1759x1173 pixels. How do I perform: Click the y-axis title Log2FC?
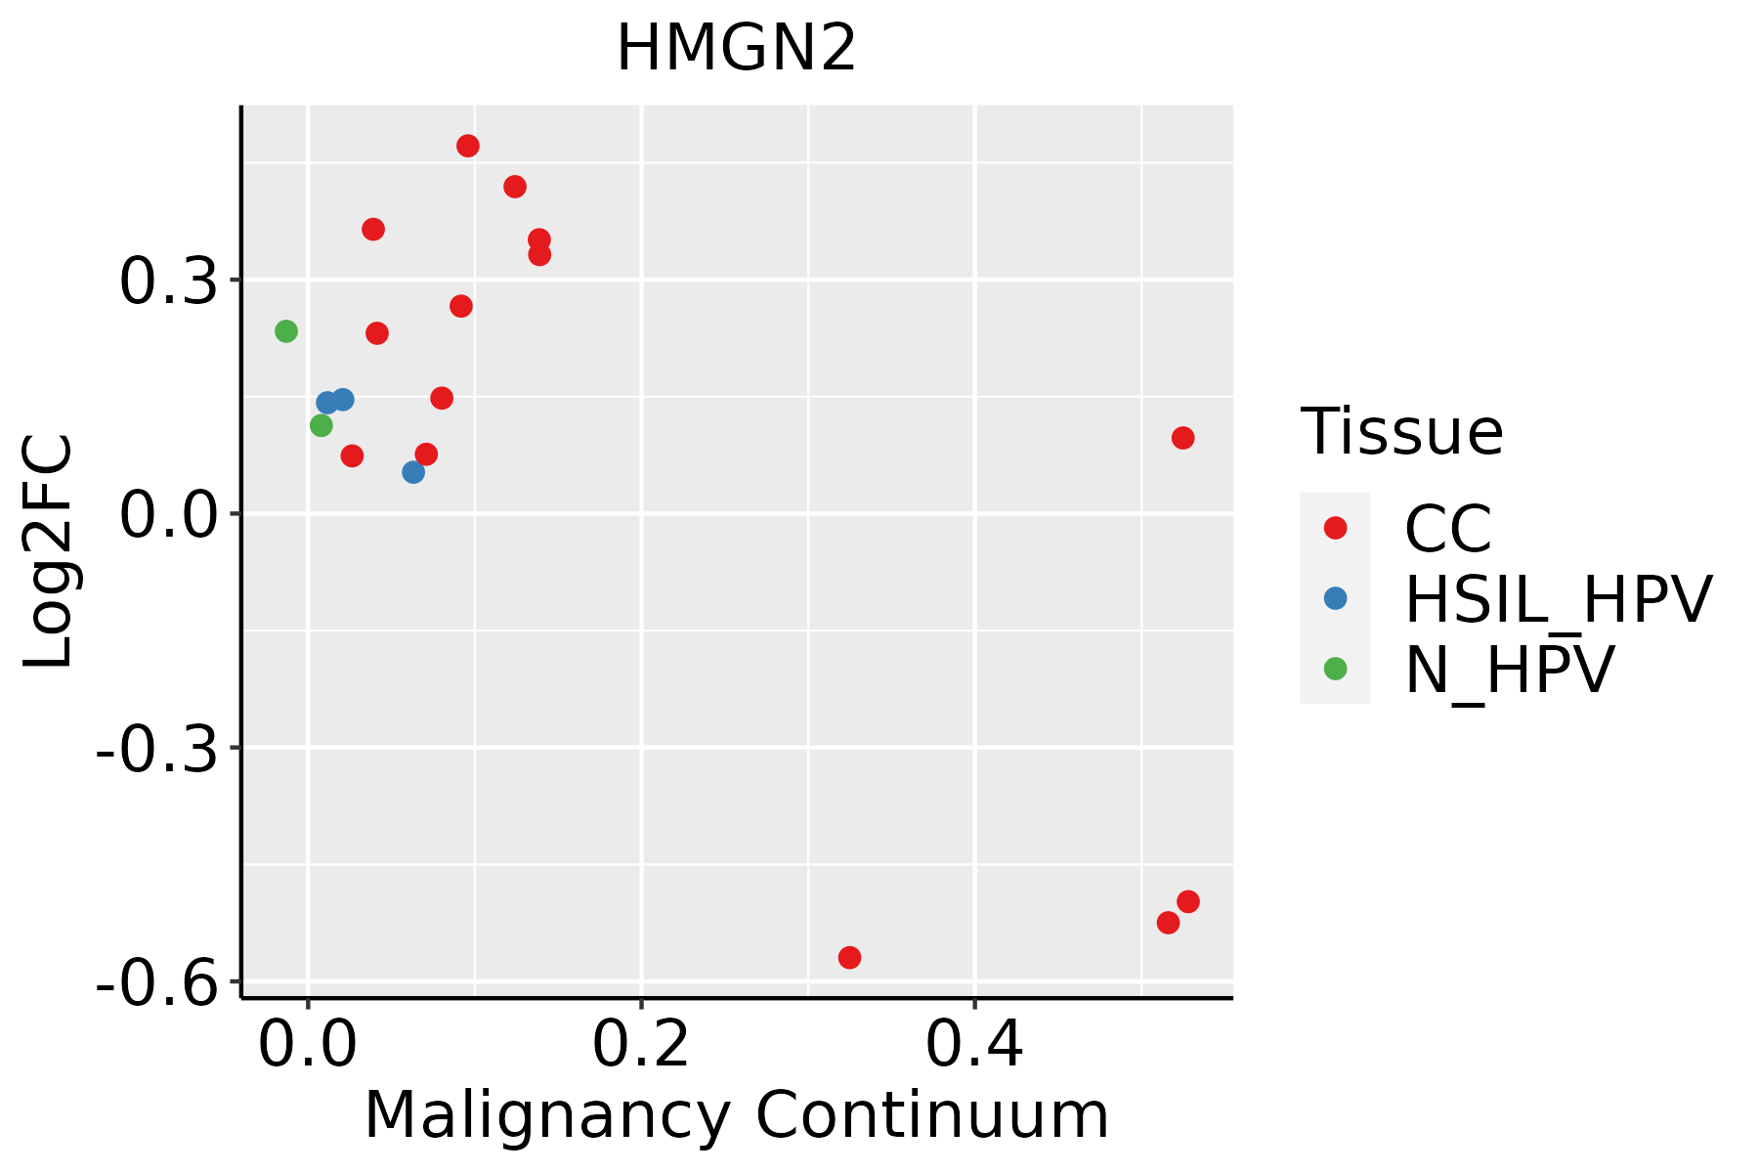(x=49, y=551)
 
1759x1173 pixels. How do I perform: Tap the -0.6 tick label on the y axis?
(x=156, y=983)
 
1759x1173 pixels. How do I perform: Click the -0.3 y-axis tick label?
(x=156, y=750)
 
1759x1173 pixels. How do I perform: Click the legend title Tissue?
(x=1402, y=431)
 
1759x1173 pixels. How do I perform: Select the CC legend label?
(x=1448, y=529)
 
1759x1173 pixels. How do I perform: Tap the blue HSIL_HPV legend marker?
(x=1335, y=598)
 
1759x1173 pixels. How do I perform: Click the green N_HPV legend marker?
(x=1335, y=669)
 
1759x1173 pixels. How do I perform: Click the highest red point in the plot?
(x=468, y=147)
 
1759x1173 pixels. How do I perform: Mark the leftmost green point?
(x=286, y=331)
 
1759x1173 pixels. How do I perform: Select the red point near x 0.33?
(x=850, y=957)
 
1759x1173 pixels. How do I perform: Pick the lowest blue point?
(x=413, y=472)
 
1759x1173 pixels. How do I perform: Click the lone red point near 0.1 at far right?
(x=1183, y=438)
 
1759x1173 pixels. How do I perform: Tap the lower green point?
(x=322, y=425)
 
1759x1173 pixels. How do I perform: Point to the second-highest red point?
(x=515, y=187)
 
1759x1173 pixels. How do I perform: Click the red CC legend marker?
(x=1335, y=528)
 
